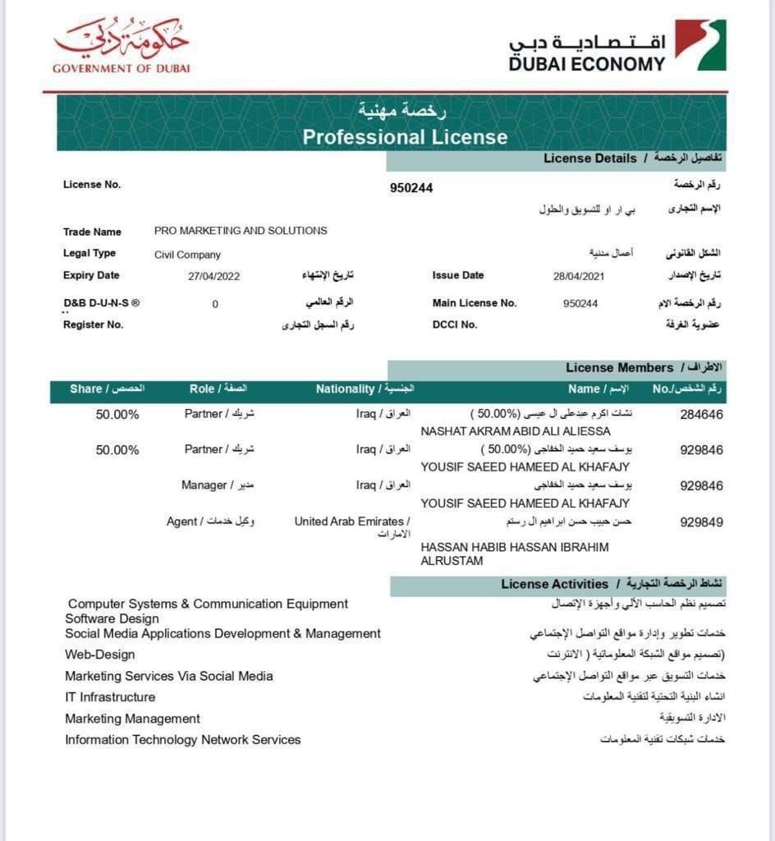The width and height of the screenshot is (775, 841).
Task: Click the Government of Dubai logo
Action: [121, 46]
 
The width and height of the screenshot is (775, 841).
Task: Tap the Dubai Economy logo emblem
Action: [700, 44]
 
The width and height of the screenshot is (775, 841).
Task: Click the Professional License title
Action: [405, 136]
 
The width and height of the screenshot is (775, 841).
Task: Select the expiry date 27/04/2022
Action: [213, 277]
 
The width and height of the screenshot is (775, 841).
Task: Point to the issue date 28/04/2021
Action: [579, 277]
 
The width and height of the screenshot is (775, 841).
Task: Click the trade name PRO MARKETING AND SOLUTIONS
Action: [241, 231]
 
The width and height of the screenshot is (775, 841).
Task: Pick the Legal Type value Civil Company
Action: [187, 255]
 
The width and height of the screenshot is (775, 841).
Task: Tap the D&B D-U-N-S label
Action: [101, 303]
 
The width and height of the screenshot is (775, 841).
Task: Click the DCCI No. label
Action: [454, 324]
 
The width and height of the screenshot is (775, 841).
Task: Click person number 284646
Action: [701, 415]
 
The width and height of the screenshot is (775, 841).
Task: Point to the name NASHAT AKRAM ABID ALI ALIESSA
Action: [515, 431]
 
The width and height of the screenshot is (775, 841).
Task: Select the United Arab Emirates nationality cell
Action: [352, 522]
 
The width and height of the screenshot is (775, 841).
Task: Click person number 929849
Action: [701, 522]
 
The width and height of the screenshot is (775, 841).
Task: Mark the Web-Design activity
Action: [100, 655]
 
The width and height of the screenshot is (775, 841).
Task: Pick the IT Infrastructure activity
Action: [110, 697]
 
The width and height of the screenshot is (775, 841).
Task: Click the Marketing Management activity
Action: [132, 719]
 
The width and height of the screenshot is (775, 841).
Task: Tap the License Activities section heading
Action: [555, 585]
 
